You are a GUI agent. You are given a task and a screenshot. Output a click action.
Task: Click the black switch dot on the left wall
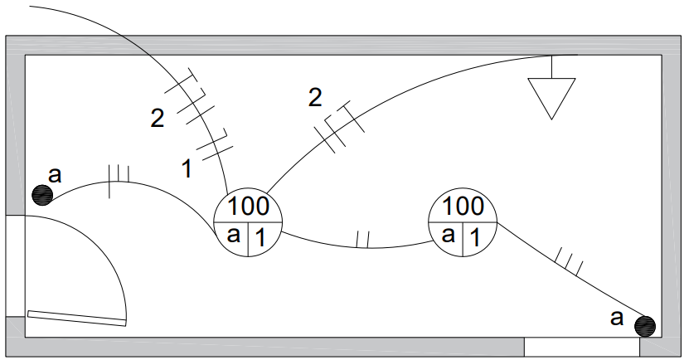(x=42, y=195)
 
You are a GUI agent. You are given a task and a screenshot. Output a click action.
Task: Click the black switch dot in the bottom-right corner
(x=645, y=326)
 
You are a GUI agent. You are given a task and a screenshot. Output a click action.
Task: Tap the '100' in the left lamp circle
(x=248, y=206)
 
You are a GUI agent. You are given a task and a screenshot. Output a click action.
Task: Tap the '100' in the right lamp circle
(x=463, y=206)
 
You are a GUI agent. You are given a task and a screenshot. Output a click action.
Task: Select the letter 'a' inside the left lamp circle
(x=233, y=236)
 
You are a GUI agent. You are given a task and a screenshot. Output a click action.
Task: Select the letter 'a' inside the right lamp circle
(x=448, y=236)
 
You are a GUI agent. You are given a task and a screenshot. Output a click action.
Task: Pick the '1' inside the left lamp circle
(x=260, y=238)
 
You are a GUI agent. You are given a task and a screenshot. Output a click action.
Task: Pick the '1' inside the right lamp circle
(x=475, y=238)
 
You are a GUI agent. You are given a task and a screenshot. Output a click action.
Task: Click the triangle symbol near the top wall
(x=552, y=93)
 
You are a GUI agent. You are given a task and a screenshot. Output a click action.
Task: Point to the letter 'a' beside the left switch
(x=55, y=175)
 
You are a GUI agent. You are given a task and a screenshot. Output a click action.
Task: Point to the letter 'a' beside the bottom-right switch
(x=616, y=318)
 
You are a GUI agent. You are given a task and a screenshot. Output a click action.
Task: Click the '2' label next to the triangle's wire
(x=315, y=97)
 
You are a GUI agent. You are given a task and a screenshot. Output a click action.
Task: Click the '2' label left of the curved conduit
(x=158, y=118)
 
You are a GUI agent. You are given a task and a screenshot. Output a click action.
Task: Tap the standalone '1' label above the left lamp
(x=187, y=169)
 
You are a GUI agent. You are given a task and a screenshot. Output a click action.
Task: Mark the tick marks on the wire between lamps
(x=363, y=240)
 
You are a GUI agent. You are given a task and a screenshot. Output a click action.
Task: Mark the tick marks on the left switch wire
(x=119, y=181)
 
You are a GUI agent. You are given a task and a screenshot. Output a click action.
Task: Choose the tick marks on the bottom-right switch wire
(x=569, y=261)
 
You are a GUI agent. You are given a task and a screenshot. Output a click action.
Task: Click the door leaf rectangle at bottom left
(x=77, y=318)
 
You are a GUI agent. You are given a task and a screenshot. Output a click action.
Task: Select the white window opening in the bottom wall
(x=582, y=347)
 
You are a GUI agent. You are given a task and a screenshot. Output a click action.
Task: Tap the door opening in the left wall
(x=15, y=265)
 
